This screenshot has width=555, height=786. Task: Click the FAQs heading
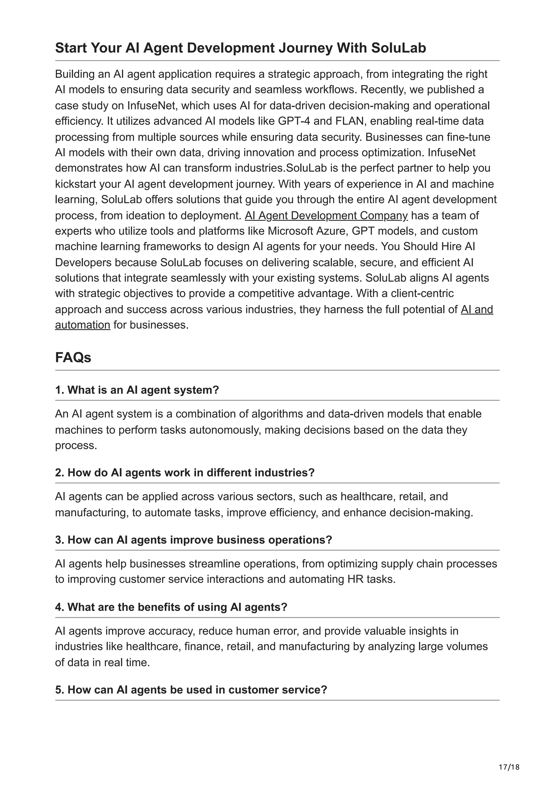tap(73, 357)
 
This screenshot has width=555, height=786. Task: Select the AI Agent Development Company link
tap(326, 216)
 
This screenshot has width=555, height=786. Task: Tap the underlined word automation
tap(82, 325)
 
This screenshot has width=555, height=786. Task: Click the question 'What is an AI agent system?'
tap(137, 390)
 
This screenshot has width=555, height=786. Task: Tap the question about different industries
tap(185, 473)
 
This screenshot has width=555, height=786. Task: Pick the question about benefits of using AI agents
tap(171, 607)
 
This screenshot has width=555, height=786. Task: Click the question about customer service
tap(191, 689)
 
